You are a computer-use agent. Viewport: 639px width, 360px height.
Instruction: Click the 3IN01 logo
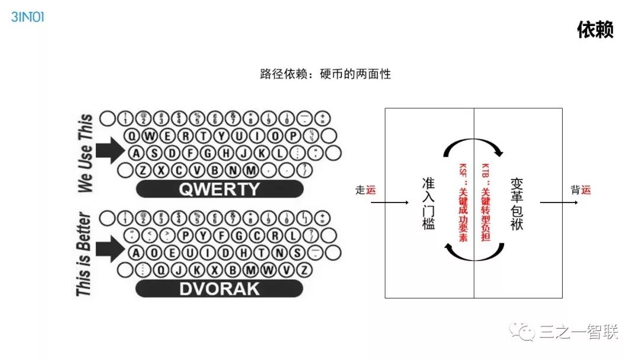click(x=27, y=17)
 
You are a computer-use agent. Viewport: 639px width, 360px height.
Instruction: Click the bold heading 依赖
click(x=595, y=30)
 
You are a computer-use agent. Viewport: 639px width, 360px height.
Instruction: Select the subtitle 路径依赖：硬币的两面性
click(x=325, y=75)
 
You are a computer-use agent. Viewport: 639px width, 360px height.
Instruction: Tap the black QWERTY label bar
click(x=220, y=189)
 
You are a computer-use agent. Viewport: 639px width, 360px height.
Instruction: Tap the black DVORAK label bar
click(x=220, y=289)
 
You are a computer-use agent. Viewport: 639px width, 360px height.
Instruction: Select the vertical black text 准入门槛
click(x=428, y=203)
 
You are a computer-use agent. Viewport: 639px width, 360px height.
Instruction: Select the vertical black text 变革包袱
click(x=517, y=203)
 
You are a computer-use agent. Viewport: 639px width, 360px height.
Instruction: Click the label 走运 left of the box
click(x=365, y=190)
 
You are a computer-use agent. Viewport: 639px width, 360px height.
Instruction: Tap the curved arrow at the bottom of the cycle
click(x=473, y=255)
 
